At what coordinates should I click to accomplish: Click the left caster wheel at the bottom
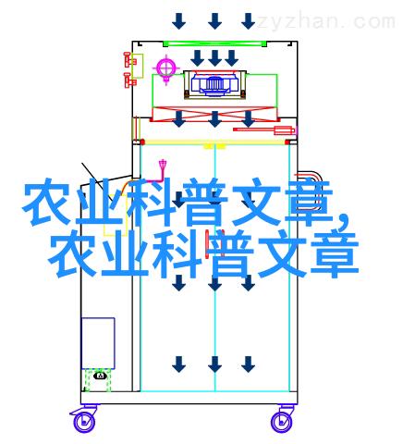(83, 421)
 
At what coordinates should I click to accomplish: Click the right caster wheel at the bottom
(281, 421)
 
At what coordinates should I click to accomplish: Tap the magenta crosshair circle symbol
(165, 68)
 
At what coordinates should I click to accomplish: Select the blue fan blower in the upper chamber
(214, 83)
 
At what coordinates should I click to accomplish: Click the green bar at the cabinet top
(214, 43)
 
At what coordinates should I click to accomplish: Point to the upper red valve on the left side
(128, 60)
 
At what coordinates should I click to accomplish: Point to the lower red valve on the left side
(129, 80)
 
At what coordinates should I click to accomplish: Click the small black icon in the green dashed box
(100, 376)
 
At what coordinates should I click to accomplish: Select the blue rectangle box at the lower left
(98, 343)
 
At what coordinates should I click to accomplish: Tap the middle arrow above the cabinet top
(214, 21)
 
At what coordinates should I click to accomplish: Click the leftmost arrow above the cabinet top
(179, 21)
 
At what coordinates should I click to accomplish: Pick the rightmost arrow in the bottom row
(248, 364)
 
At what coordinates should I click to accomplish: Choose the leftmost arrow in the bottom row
(179, 364)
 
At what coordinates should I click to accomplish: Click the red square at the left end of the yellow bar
(142, 142)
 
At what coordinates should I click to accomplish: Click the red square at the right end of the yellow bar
(287, 142)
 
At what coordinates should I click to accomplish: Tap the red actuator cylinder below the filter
(264, 129)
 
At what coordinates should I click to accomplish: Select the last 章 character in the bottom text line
(335, 253)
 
